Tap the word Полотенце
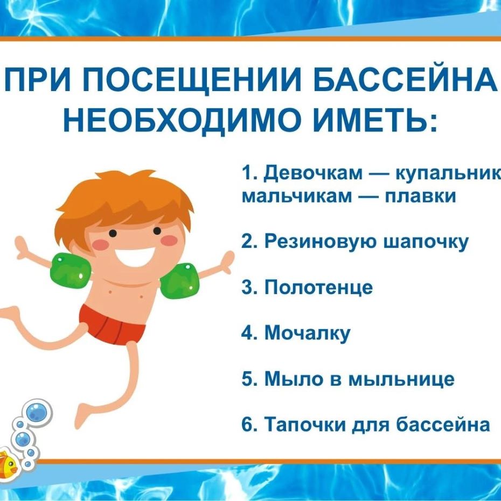[x=318, y=287]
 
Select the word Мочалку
[x=308, y=333]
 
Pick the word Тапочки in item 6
[x=305, y=425]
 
